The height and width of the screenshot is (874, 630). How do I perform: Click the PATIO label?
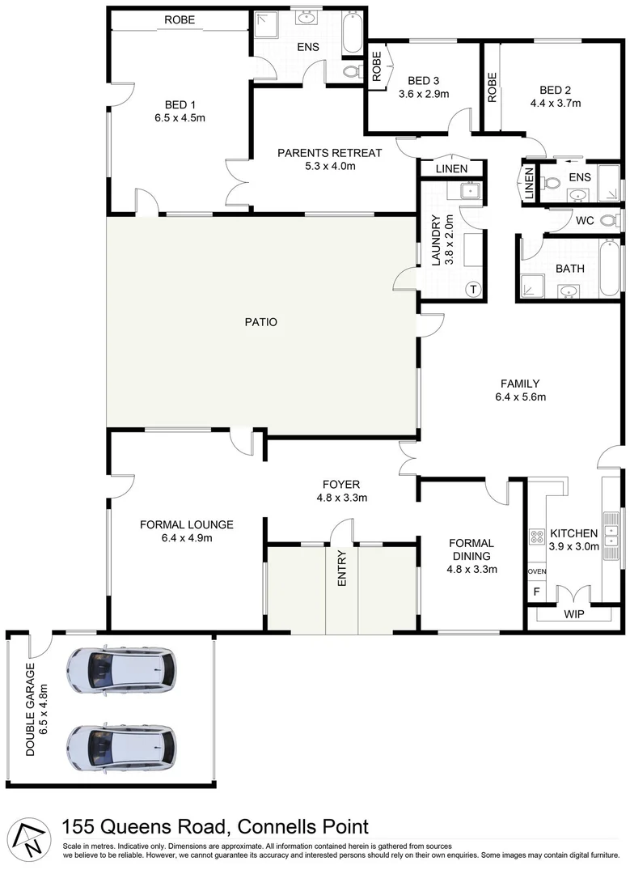[260, 322]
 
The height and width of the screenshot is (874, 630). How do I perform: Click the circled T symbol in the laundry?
[474, 290]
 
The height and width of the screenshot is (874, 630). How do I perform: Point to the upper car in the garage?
[121, 668]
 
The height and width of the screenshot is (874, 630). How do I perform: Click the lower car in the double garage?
[121, 746]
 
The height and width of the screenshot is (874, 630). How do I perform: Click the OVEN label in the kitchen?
[536, 571]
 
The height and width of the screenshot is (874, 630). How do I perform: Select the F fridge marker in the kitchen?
[535, 592]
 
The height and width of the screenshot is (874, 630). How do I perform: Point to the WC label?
[585, 220]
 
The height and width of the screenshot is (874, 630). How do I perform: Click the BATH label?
[569, 269]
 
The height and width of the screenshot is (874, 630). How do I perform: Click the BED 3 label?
[423, 81]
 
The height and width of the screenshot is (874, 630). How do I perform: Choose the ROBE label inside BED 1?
[179, 20]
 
